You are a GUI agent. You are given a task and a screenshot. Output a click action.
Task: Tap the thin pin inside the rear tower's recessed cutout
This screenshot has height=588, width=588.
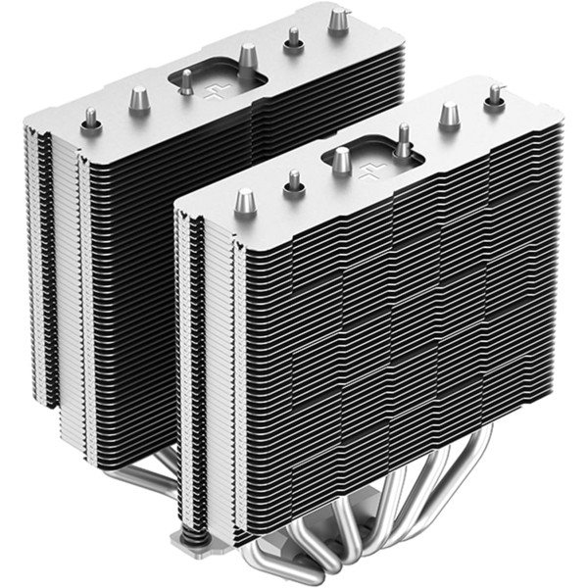point(184,84)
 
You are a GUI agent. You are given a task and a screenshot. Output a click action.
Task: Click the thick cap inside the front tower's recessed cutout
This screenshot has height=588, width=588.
point(341,159)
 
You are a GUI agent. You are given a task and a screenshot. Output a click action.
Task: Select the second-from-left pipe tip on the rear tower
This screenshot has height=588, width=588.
point(138,97)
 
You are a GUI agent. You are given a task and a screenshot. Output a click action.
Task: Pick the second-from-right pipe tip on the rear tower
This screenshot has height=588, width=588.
point(291,38)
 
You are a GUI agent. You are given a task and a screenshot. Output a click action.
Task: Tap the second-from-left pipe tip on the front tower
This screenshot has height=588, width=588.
point(292,180)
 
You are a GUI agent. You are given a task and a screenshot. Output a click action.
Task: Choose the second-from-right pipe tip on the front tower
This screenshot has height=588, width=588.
point(450,114)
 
